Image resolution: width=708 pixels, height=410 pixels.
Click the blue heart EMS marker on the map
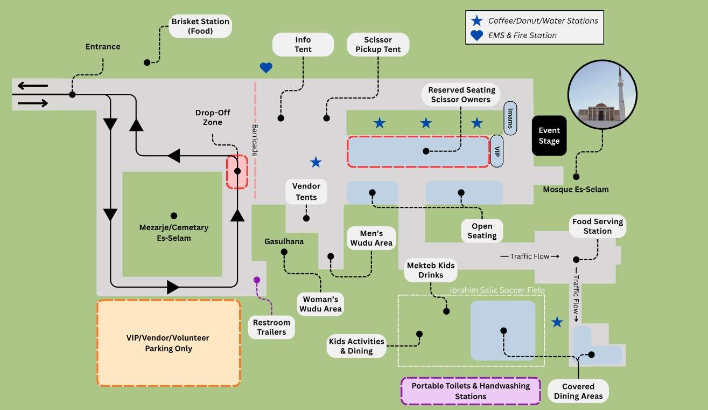[266, 68]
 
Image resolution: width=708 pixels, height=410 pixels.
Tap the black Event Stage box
[549, 136]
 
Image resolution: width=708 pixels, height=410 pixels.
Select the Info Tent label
[303, 44]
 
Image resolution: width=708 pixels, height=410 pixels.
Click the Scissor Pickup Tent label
[378, 44]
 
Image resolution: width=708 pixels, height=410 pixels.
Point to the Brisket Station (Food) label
[200, 26]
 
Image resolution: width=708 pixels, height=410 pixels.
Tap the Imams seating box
[510, 118]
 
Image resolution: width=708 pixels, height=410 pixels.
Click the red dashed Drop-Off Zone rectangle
[237, 172]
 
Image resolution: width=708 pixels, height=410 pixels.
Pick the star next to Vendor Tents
[316, 162]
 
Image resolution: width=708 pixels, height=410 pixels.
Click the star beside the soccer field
[557, 322]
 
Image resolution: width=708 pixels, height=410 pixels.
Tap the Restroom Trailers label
[271, 327]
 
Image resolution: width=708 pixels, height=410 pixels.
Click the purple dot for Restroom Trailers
[257, 280]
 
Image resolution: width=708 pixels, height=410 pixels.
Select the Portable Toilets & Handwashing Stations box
[471, 391]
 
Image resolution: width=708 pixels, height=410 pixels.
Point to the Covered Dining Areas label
[578, 391]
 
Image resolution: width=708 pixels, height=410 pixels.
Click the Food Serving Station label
[598, 226]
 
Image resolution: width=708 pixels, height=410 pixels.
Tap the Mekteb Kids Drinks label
[431, 270]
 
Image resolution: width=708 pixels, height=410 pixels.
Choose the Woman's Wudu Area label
[320, 304]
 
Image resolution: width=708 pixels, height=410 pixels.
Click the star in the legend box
[476, 21]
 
